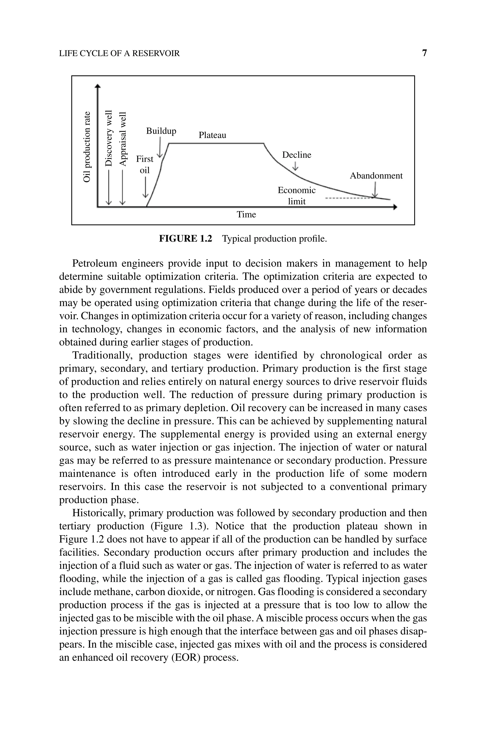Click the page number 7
coord(425,53)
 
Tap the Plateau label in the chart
coord(212,135)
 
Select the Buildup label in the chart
coord(161,131)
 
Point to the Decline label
coord(297,155)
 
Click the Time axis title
coord(246,214)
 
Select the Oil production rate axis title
coord(87,147)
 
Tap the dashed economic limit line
coord(348,198)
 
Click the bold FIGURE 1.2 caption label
coord(185,239)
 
